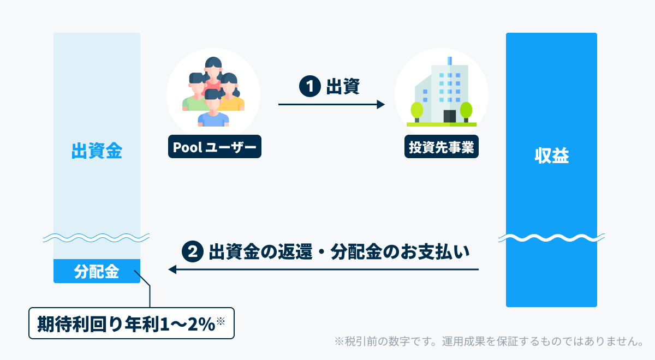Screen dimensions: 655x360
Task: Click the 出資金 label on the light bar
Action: pos(97,152)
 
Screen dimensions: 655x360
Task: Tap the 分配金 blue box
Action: pos(97,271)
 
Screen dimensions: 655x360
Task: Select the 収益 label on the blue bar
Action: pos(551,156)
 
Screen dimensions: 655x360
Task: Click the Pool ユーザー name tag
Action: pos(215,147)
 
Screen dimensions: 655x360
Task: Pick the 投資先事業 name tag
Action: pos(441,147)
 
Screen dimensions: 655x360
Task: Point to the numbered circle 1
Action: pos(309,86)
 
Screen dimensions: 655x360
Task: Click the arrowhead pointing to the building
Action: pos(381,104)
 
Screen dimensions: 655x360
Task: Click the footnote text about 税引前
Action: pos(489,341)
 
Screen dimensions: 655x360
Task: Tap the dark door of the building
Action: pos(449,116)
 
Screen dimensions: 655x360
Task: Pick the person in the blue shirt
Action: pos(212,112)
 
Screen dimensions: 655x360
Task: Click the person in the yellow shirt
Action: pos(233,95)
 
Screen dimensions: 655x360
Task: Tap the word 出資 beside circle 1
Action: pos(342,86)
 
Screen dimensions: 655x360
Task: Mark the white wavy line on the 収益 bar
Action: pos(551,239)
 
